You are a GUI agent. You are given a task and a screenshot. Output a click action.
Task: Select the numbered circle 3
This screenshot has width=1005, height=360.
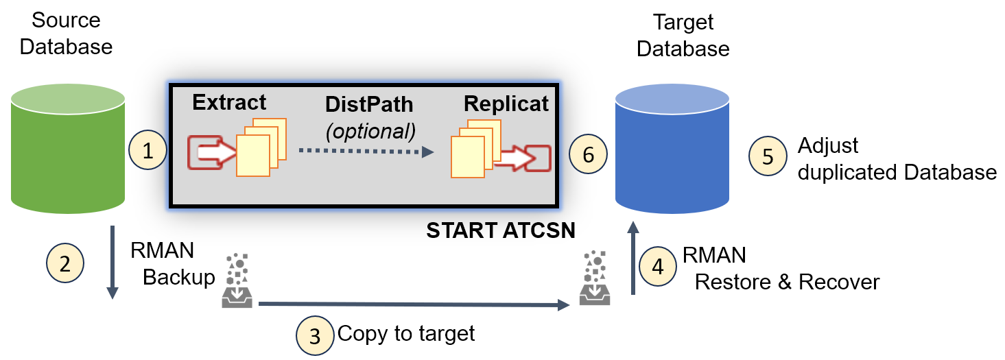[x=315, y=335]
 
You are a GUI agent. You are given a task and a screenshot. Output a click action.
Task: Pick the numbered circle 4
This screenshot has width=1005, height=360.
[x=658, y=265]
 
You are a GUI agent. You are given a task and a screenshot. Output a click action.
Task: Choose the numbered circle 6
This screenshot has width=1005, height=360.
[x=588, y=155]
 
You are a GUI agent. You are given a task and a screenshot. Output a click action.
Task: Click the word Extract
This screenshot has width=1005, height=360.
[x=229, y=102]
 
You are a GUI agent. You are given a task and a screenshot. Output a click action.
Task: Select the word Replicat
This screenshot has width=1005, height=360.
[x=506, y=104]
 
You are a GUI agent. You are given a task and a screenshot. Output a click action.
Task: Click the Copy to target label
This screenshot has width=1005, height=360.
[x=406, y=334]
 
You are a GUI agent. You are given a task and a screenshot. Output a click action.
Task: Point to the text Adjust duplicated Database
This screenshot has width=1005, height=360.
[x=897, y=158]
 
